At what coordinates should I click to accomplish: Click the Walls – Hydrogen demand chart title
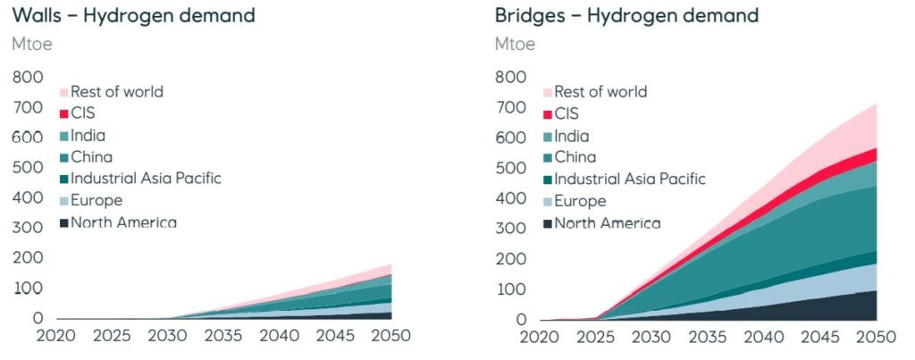(x=133, y=15)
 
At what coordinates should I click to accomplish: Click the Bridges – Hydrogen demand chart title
(x=626, y=15)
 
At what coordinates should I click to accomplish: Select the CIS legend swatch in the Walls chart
(x=63, y=113)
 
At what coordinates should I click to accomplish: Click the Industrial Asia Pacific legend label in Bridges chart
(x=630, y=179)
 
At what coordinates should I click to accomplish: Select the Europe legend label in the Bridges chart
(x=580, y=201)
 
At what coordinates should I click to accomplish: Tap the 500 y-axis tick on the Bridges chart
(x=512, y=168)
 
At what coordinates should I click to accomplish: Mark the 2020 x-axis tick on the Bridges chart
(x=541, y=338)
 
